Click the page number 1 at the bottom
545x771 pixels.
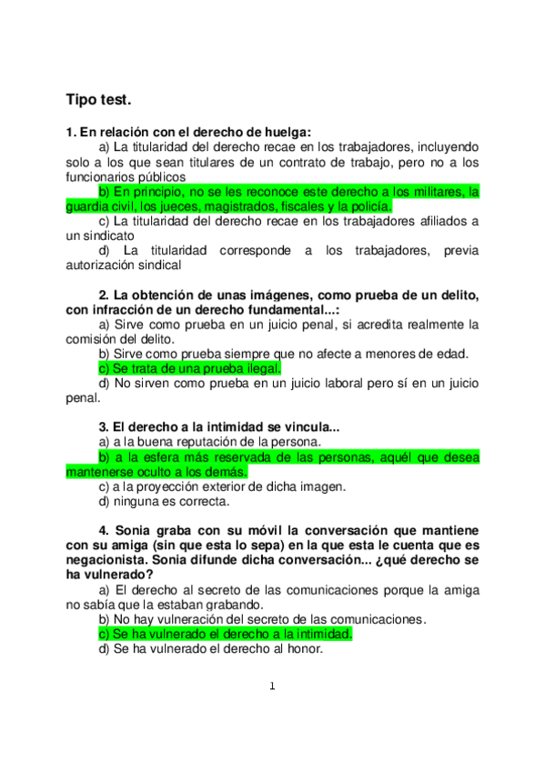click(x=272, y=686)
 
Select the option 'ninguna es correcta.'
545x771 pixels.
click(x=165, y=501)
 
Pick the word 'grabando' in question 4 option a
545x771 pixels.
click(x=232, y=605)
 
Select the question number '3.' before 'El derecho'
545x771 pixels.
click(x=104, y=426)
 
